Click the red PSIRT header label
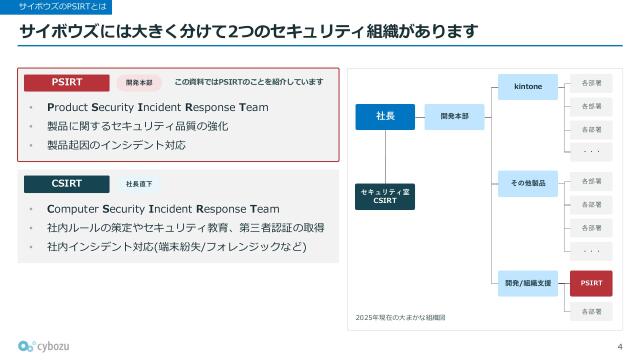tap(66, 81)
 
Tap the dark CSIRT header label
tap(66, 183)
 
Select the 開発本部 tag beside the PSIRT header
tap(139, 82)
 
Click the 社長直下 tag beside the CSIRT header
tap(139, 184)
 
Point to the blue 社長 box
tap(385, 117)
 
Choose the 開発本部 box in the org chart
tap(454, 117)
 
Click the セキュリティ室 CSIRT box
tap(385, 195)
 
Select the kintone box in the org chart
tap(528, 86)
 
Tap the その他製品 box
tap(528, 184)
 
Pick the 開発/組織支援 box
tap(528, 283)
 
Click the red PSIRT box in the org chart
tap(591, 283)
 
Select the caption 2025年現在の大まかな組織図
tap(401, 317)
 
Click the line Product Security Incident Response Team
tap(157, 107)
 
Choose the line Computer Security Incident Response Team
tap(163, 209)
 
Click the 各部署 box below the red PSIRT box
tap(591, 312)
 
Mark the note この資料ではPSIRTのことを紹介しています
tap(249, 81)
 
